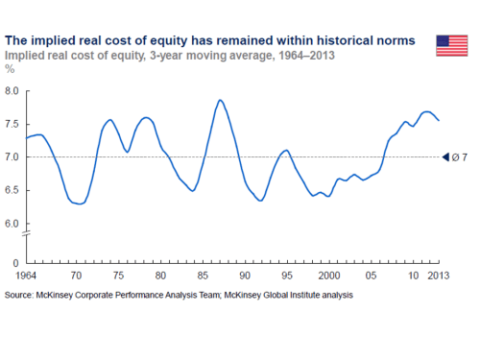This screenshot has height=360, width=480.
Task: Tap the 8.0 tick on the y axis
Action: point(12,90)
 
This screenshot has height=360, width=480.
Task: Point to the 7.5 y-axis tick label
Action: point(12,124)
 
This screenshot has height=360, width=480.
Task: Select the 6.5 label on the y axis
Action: point(12,190)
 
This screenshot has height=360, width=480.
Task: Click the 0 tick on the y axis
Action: point(15,262)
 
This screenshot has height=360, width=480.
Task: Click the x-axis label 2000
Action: point(329,275)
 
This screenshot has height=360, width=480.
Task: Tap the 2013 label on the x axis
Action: point(438,275)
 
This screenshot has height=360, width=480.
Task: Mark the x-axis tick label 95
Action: point(287,275)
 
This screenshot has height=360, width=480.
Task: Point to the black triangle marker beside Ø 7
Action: point(445,157)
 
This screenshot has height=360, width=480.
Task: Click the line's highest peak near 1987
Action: point(220,100)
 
